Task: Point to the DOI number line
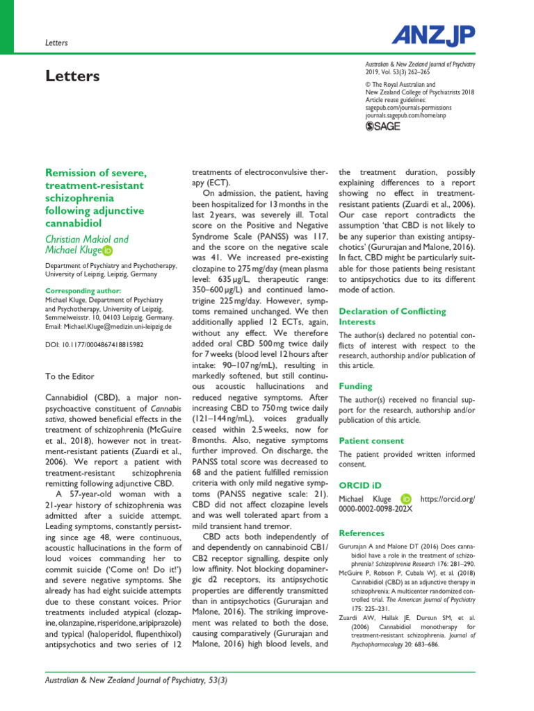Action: coord(95,344)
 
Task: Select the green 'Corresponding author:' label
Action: coord(83,290)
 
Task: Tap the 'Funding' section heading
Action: coord(355,386)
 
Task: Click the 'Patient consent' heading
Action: coord(371,440)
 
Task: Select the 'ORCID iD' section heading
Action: coord(360,484)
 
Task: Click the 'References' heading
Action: coord(361,533)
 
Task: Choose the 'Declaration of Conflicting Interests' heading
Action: coord(392,317)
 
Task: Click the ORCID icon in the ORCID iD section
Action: coord(406,499)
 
